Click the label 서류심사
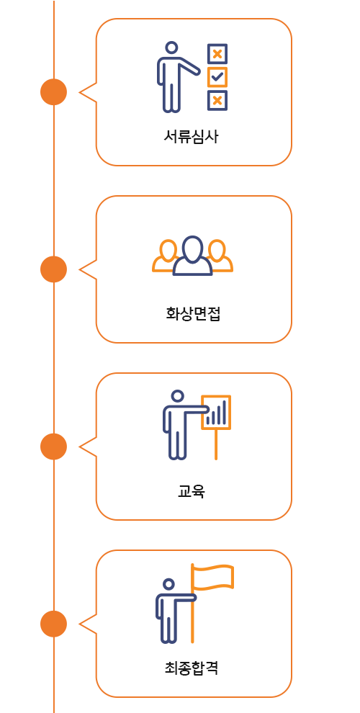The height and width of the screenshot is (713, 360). point(191,136)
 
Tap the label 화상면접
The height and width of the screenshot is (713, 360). point(193,314)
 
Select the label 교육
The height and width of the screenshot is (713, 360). point(192,491)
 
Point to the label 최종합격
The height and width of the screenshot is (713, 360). point(192,668)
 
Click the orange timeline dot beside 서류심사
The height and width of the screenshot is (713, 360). point(53,92)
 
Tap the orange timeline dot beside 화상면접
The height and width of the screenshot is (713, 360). point(53,269)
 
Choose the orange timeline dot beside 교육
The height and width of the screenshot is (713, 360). point(53,447)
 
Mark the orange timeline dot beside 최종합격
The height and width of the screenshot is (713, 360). point(53,624)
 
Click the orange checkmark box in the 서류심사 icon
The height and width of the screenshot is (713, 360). point(217,77)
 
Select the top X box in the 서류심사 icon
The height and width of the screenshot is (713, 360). point(217,54)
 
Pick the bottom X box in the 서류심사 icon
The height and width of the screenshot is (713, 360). point(217,101)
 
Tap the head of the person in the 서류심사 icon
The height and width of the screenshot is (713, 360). point(171,48)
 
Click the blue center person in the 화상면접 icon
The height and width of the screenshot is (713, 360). point(193,256)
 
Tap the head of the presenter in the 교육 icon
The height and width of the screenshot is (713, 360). point(178,396)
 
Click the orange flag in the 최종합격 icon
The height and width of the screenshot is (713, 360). point(212,577)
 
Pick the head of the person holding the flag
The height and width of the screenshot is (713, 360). point(169,584)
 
